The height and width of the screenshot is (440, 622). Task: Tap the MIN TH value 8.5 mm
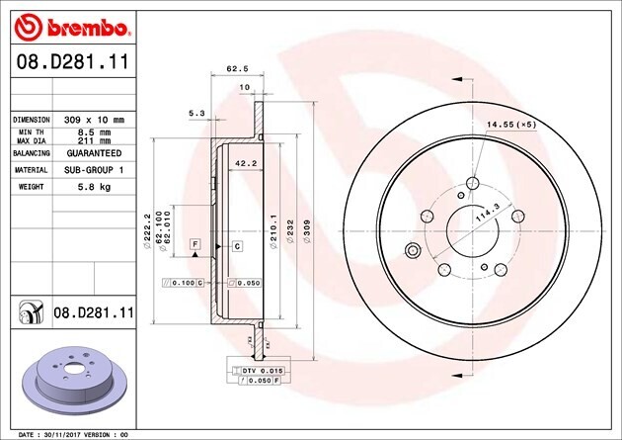(95, 131)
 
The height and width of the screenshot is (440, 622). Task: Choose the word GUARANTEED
(94, 154)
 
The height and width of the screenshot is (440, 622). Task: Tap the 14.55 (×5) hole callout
(510, 124)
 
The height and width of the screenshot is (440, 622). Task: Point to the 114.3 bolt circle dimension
(487, 212)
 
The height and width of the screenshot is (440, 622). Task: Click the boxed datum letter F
(195, 243)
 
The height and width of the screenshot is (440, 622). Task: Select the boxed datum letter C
(238, 244)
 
